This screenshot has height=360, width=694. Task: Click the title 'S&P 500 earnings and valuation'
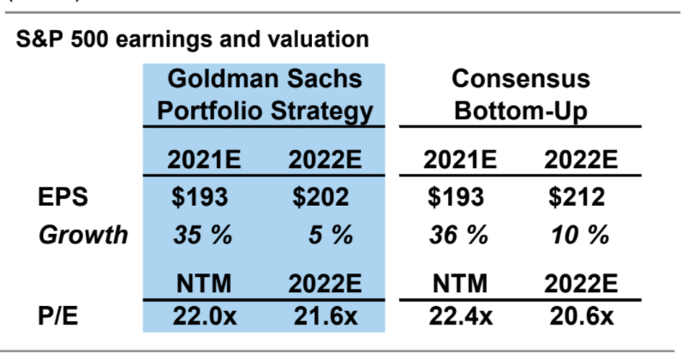(x=193, y=39)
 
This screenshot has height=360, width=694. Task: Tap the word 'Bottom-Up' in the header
(x=521, y=111)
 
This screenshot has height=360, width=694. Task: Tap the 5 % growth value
(x=330, y=235)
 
